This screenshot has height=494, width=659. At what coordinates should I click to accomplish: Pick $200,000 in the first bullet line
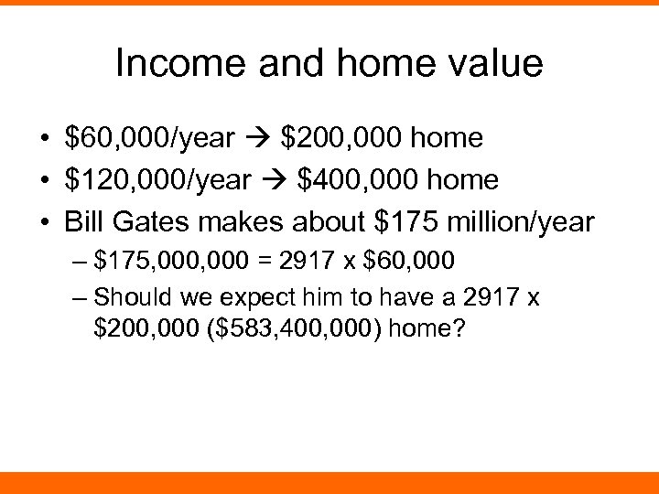[343, 138]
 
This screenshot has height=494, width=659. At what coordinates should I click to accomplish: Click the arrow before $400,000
[280, 180]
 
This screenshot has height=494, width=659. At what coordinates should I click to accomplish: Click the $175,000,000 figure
[171, 263]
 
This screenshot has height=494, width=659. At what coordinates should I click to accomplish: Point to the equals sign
[264, 263]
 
